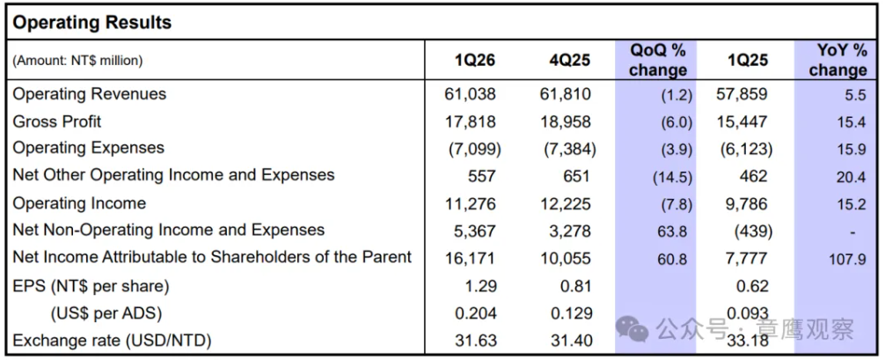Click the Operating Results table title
[92, 23]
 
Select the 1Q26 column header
[475, 60]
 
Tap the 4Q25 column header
[570, 60]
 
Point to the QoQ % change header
[657, 60]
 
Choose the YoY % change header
[837, 60]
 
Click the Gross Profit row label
[57, 121]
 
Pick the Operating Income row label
[79, 203]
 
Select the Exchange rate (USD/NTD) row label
[112, 341]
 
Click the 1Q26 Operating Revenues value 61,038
[470, 94]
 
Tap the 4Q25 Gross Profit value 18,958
[566, 121]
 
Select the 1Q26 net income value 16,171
[470, 258]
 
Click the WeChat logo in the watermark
[632, 327]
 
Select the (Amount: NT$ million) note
[78, 61]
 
